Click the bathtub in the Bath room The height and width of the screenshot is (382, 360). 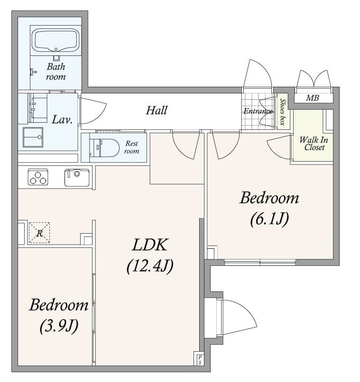56,40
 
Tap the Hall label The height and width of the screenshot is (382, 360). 157,110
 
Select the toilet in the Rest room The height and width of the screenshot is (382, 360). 104,148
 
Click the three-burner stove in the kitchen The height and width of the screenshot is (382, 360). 38,177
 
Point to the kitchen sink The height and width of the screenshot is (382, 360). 77,178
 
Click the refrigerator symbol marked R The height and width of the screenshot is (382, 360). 39,233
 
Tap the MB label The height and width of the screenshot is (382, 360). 312,98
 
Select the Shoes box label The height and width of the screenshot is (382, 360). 283,111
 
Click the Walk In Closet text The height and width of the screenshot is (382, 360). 314,144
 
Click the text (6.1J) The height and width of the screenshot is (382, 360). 269,219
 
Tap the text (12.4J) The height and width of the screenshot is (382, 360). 150,266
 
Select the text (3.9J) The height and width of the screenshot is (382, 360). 59,326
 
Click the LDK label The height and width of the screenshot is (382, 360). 150,245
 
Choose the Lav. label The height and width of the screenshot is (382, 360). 62,119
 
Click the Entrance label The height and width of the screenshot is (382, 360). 258,111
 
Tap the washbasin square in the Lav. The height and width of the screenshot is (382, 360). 33,137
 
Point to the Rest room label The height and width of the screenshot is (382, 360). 131,147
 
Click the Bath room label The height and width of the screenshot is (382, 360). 56,72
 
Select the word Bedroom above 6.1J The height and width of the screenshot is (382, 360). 269,198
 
